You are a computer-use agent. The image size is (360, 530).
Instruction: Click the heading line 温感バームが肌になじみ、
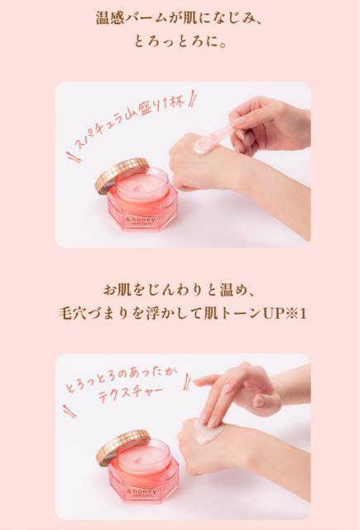(180, 17)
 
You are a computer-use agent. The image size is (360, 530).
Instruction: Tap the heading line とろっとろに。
(180, 41)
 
